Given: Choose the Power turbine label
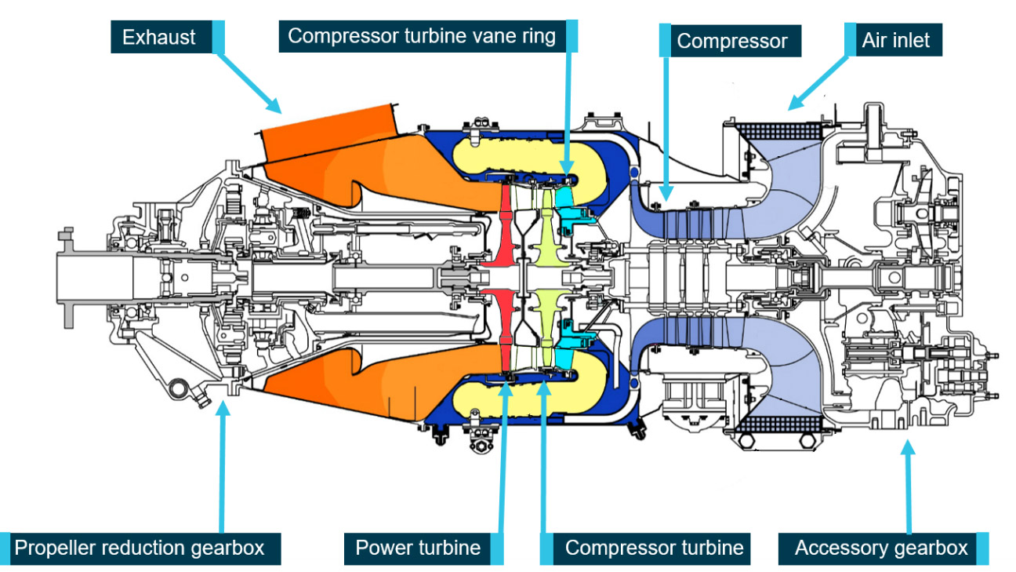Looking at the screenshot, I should [x=418, y=548].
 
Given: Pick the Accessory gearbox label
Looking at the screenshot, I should [x=881, y=548].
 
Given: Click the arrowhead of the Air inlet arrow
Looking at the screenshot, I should [x=794, y=104].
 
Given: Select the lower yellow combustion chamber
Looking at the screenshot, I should [x=502, y=397].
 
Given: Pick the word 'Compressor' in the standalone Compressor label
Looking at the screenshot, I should [x=732, y=41].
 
